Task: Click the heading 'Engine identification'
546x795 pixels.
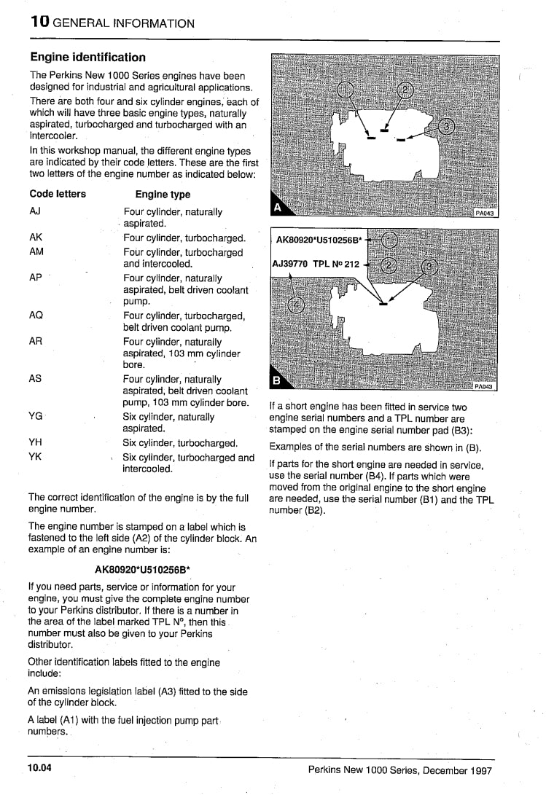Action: click(87, 57)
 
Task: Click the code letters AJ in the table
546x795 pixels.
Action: click(35, 211)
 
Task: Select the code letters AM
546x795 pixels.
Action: click(36, 251)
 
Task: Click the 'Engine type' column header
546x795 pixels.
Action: click(163, 195)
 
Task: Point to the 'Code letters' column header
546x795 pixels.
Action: click(58, 195)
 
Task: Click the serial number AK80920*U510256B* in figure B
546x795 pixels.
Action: click(318, 239)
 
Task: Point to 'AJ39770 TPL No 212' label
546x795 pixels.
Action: click(316, 264)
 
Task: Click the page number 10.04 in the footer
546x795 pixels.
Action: click(42, 769)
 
